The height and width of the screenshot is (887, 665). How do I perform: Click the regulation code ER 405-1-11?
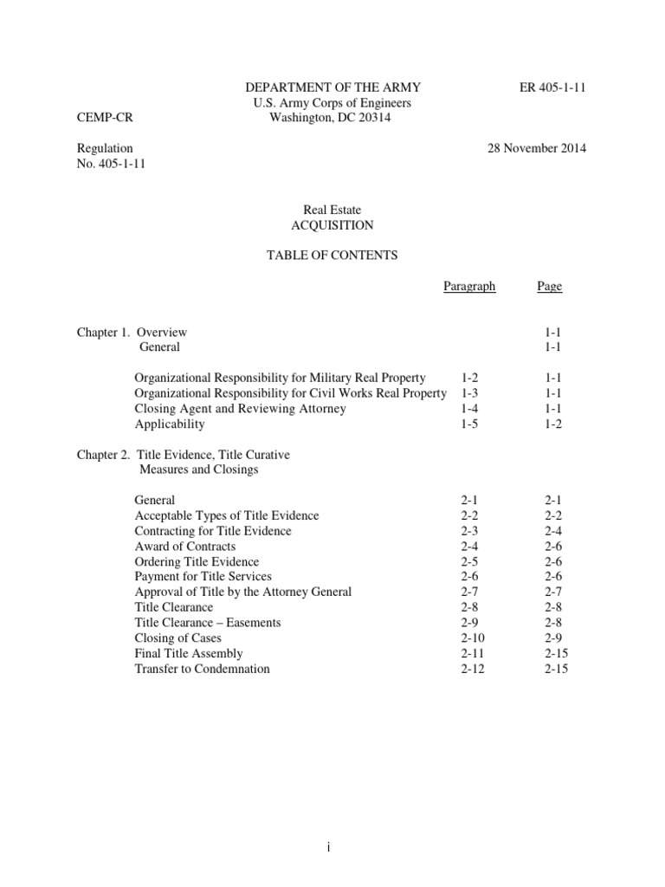(x=550, y=87)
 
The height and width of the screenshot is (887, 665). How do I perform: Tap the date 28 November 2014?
(x=537, y=148)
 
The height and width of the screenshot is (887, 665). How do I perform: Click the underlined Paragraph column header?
(x=469, y=287)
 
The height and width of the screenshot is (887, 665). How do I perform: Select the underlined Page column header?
(x=550, y=287)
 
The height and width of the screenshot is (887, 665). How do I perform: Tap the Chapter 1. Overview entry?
(x=131, y=332)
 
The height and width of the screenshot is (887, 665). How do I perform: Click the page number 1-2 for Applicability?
(x=554, y=424)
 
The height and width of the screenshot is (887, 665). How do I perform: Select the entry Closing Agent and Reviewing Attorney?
(x=241, y=409)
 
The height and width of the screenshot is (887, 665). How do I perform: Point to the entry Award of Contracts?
(x=185, y=547)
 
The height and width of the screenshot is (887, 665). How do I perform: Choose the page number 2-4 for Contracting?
(x=554, y=531)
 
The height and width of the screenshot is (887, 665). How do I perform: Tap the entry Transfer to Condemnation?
(x=203, y=669)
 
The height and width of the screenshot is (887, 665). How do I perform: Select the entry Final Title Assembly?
(x=189, y=653)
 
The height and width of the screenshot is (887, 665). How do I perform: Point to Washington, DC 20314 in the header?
(x=330, y=119)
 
